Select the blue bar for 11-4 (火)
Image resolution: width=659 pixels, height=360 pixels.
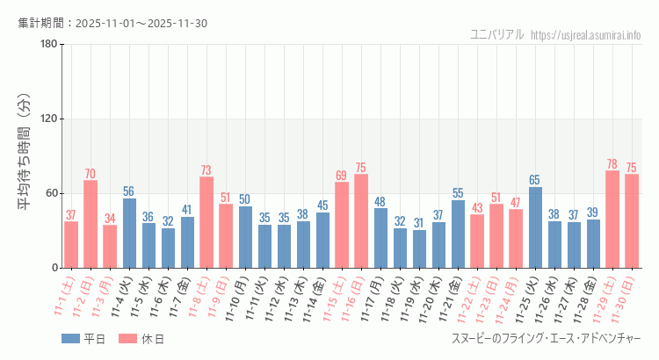coord(129,233)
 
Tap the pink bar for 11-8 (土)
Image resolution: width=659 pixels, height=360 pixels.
coord(206,222)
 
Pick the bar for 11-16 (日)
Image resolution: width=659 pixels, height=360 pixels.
coord(361,220)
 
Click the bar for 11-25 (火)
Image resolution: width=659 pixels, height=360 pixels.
coord(535,227)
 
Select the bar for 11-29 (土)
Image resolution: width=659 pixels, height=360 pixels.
coord(612,219)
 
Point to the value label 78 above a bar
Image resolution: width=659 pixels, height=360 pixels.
coord(612,164)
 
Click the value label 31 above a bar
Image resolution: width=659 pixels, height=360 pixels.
coord(419,223)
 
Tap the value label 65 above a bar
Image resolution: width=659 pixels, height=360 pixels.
coord(535,180)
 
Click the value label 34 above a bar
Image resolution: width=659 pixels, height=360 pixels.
coord(110,219)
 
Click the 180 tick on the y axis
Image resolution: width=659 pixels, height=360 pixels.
coord(48,45)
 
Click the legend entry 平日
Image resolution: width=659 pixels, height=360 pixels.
coord(83,339)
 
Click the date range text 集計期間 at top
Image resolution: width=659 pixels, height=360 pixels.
coord(112,23)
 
